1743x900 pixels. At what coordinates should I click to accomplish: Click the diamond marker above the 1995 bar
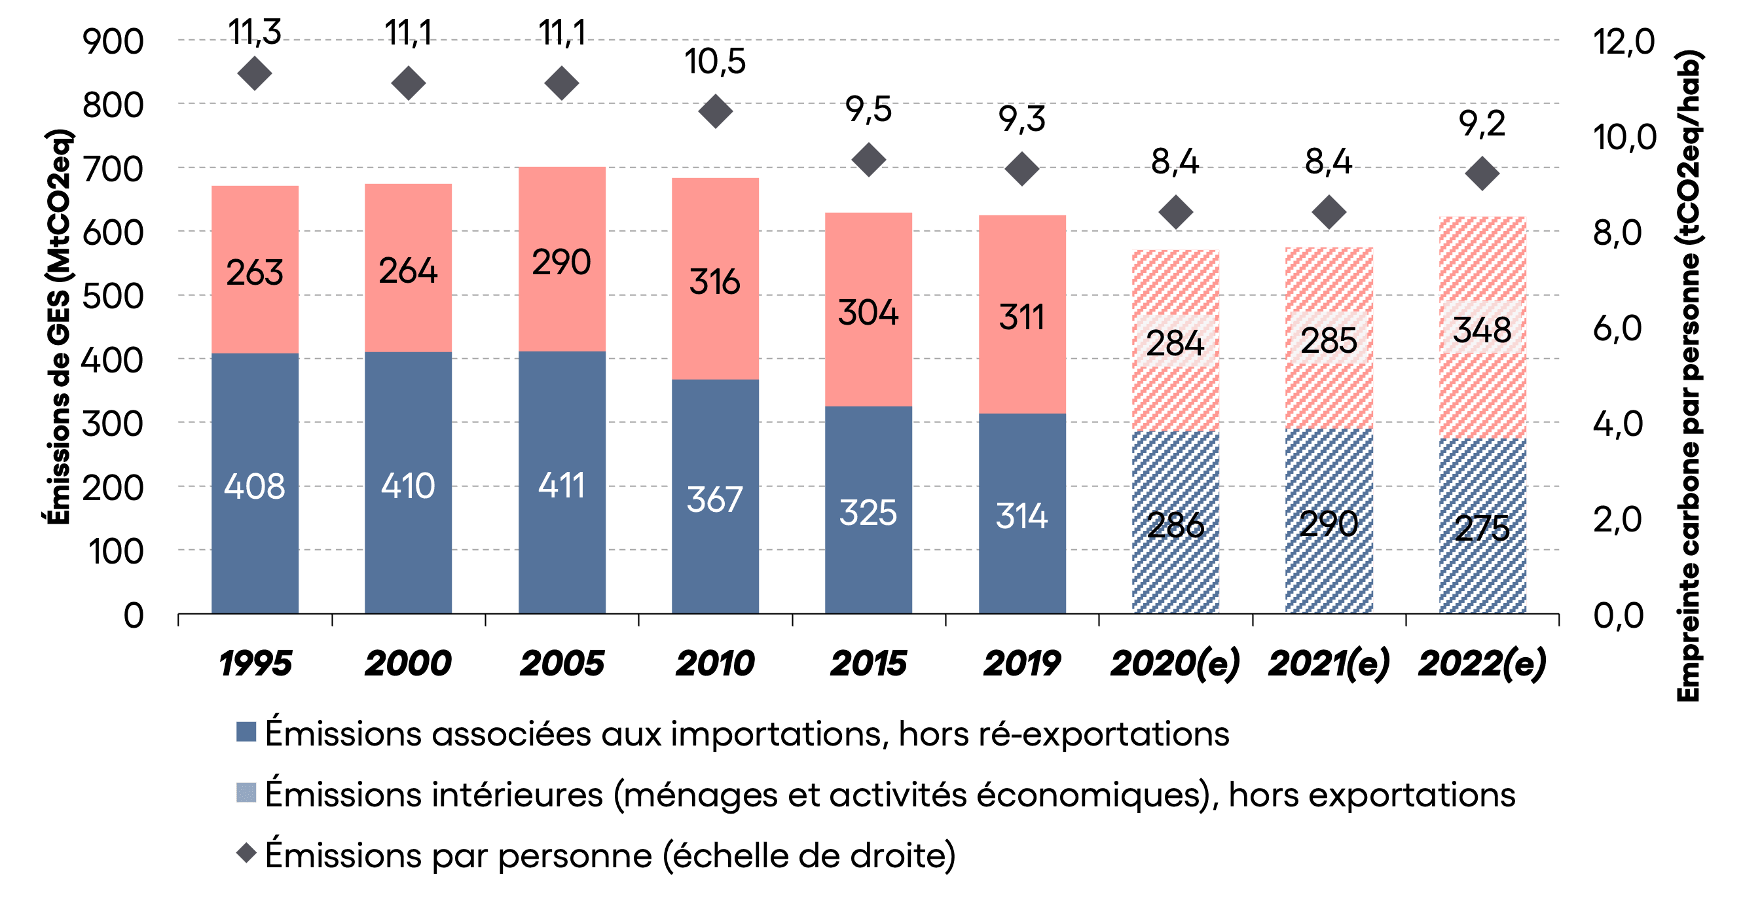(255, 74)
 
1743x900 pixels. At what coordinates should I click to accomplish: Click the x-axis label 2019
(1021, 663)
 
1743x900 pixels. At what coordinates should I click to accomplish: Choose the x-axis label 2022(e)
(1482, 663)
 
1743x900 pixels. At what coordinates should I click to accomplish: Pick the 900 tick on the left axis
(113, 42)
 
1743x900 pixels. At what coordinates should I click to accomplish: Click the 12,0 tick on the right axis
(1624, 42)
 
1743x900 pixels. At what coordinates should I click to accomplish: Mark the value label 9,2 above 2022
(1482, 124)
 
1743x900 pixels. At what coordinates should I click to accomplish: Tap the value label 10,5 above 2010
(715, 62)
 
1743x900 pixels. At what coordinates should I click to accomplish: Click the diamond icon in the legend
(246, 854)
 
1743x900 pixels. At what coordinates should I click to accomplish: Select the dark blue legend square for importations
(246, 732)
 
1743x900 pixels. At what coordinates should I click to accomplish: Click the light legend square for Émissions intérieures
(246, 793)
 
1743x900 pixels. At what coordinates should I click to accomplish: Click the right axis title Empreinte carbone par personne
(1689, 375)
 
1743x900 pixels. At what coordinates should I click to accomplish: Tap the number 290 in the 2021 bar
(1329, 525)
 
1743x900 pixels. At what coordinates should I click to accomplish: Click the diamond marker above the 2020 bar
(1176, 212)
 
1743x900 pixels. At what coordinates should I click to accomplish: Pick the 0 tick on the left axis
(134, 615)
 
